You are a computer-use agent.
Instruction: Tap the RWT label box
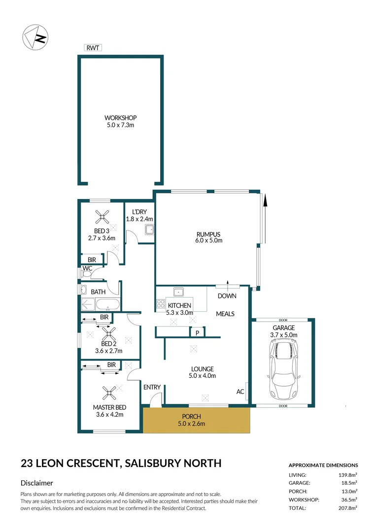pyautogui.click(x=92, y=48)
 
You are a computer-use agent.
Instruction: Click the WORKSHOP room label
pyautogui.click(x=120, y=118)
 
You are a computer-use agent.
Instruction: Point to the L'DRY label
pyautogui.click(x=139, y=212)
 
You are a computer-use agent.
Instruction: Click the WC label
pyautogui.click(x=87, y=268)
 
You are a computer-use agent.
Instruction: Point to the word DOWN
pyautogui.click(x=227, y=296)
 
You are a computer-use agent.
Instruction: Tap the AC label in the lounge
pyautogui.click(x=240, y=392)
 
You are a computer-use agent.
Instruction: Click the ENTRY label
pyautogui.click(x=152, y=387)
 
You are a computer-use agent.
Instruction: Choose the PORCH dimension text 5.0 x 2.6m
pyautogui.click(x=191, y=424)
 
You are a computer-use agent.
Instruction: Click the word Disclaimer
pyautogui.click(x=37, y=483)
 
